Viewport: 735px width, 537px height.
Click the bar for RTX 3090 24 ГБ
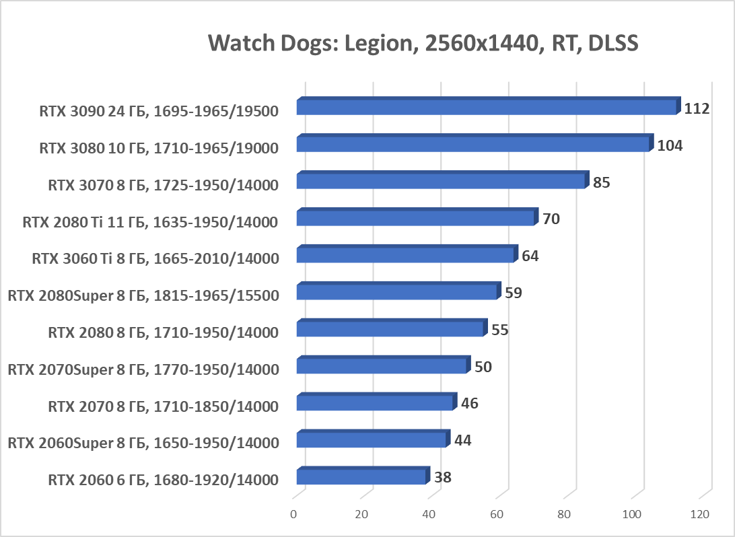(486, 108)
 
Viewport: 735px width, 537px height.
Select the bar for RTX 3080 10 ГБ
(473, 145)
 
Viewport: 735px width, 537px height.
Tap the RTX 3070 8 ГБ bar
(441, 182)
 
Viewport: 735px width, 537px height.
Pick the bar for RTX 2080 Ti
(415, 219)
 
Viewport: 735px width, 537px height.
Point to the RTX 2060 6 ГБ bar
(361, 478)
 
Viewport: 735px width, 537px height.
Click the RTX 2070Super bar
(382, 367)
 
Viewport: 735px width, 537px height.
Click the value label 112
(697, 108)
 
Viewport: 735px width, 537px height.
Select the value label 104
(670, 145)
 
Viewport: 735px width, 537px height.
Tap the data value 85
(601, 182)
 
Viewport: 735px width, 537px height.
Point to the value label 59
(514, 293)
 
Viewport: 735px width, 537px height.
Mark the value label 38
(442, 478)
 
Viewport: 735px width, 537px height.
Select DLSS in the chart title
(612, 44)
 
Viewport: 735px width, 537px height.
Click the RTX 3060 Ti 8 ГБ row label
(155, 257)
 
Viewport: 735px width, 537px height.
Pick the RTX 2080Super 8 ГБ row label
(143, 294)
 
